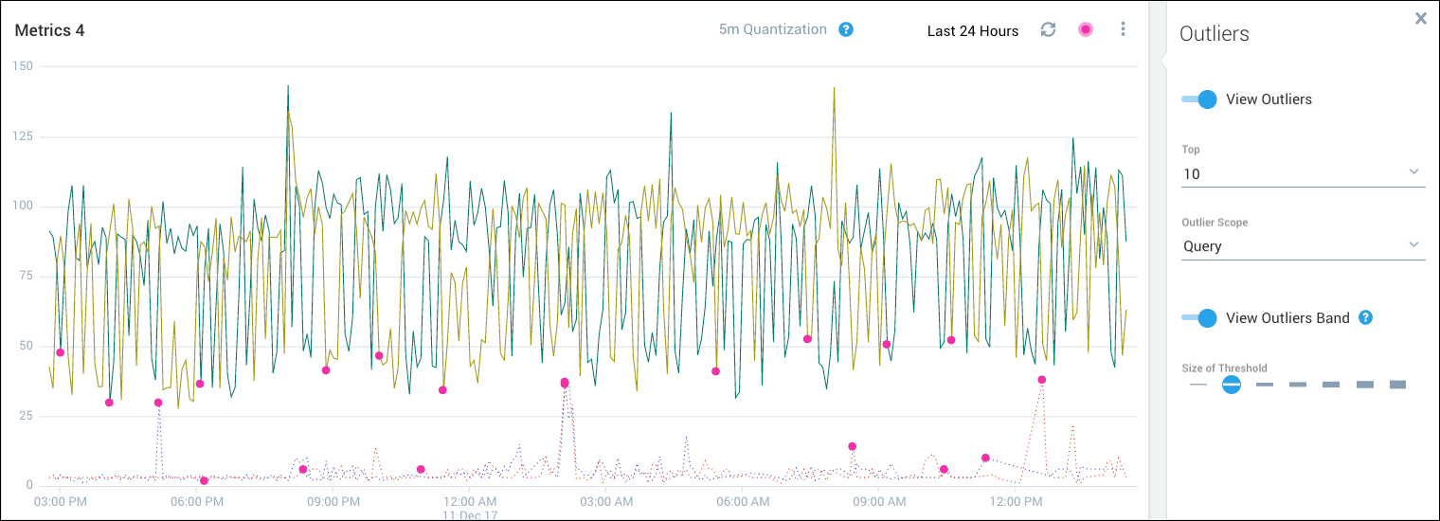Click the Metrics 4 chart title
click(x=49, y=30)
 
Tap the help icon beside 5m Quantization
click(x=846, y=29)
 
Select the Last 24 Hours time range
click(x=972, y=30)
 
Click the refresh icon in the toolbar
click(x=1048, y=29)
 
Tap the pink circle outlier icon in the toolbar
click(x=1086, y=29)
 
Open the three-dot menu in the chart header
click(x=1123, y=29)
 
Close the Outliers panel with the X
click(x=1420, y=18)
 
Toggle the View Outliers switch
click(x=1199, y=99)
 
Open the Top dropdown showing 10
click(x=1303, y=174)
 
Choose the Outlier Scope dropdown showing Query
click(x=1303, y=246)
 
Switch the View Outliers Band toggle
click(x=1199, y=318)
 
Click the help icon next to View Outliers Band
click(x=1365, y=317)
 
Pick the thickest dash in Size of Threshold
click(x=1397, y=385)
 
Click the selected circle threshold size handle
click(x=1231, y=385)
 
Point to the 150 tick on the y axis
click(x=21, y=66)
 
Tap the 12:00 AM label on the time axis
click(x=470, y=501)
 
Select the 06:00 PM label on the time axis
click(x=197, y=501)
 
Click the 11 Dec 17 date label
click(x=470, y=515)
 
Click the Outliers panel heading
click(x=1214, y=34)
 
